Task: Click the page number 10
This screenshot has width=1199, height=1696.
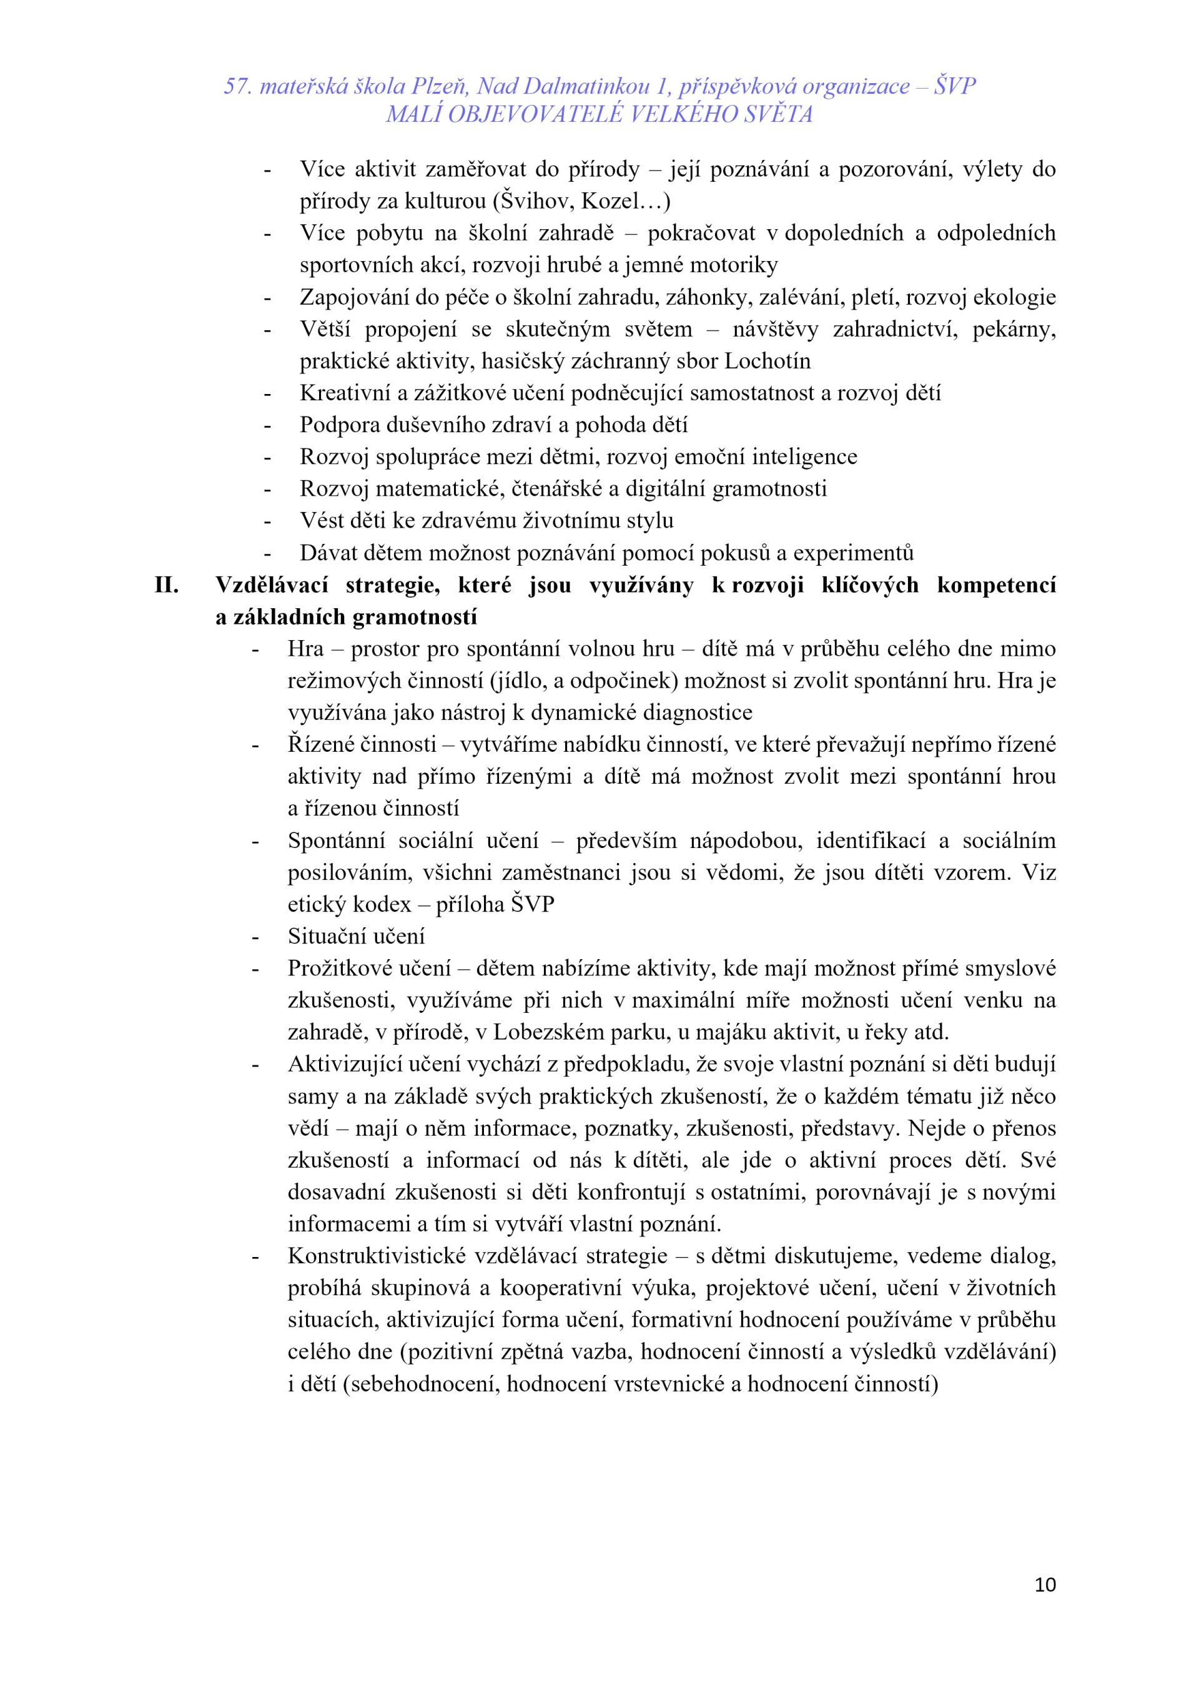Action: click(1045, 1584)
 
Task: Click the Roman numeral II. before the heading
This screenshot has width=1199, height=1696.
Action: click(166, 585)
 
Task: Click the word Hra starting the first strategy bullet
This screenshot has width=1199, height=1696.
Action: click(305, 649)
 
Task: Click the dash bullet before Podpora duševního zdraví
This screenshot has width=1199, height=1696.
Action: click(267, 425)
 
